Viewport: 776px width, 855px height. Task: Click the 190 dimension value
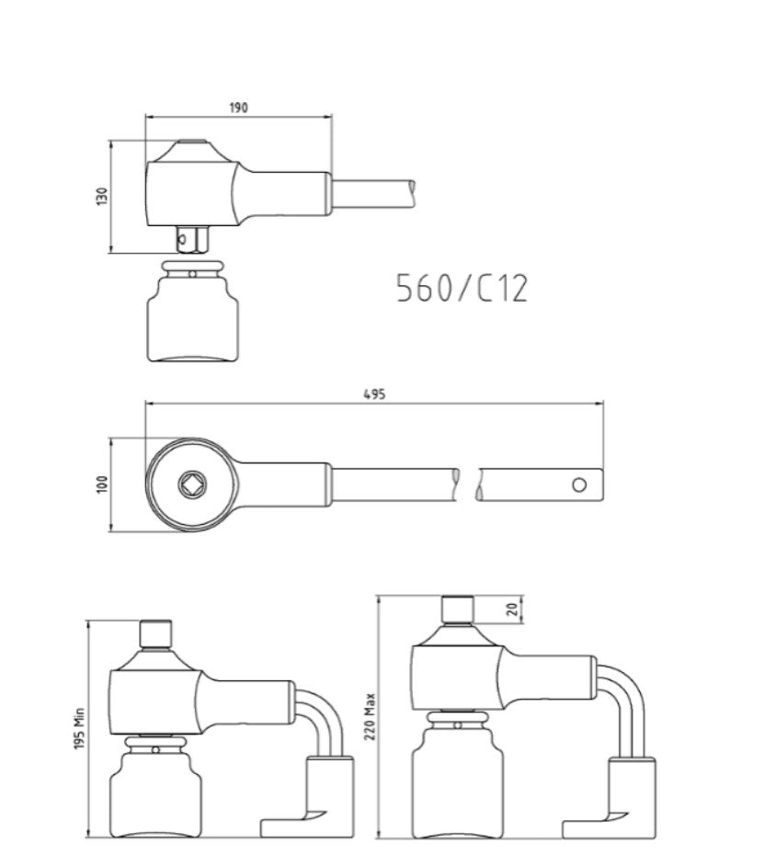point(238,108)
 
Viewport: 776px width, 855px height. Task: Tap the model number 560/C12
point(462,289)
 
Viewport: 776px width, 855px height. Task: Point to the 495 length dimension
point(373,393)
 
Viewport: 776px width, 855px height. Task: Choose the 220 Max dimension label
point(371,717)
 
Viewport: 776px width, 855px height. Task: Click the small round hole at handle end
point(578,484)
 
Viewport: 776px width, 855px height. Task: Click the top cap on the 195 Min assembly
point(155,634)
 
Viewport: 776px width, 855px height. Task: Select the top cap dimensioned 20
point(457,609)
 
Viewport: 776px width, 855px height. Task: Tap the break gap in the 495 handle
point(467,484)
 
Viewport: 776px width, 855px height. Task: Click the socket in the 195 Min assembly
point(155,791)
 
